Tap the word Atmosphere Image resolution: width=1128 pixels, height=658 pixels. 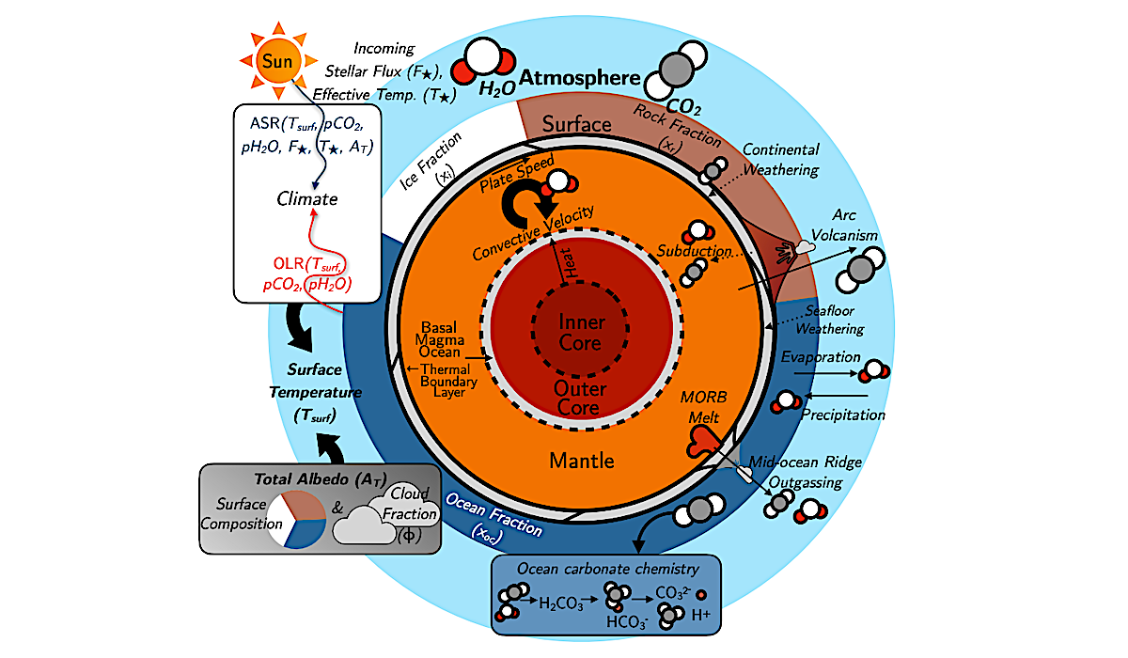581,79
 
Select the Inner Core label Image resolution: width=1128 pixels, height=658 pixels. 581,332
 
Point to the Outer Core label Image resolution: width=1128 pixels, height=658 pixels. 581,398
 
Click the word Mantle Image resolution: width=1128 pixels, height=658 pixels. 583,461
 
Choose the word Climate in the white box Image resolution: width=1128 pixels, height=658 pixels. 306,198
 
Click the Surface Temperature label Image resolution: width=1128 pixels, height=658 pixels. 315,391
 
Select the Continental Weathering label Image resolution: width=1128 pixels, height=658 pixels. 779,159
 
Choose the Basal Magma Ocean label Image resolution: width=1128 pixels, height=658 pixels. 437,339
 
